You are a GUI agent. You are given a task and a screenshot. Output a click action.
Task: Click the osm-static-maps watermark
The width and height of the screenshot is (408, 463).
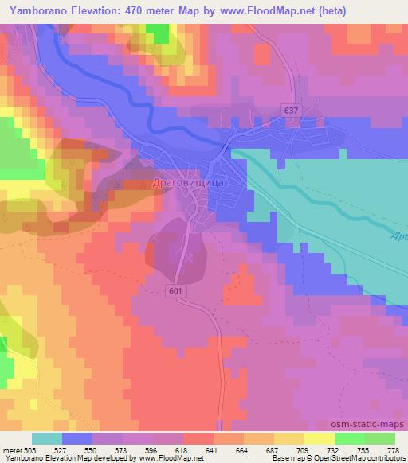373,424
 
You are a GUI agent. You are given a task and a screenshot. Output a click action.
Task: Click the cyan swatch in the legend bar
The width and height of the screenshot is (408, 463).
46,438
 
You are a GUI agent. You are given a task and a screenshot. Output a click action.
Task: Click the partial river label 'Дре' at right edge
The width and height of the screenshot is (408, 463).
400,235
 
